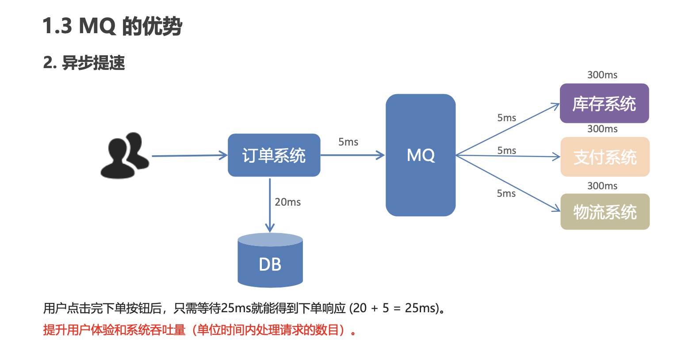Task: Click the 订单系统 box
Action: (274, 155)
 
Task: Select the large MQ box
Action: (421, 155)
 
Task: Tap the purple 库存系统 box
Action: (604, 103)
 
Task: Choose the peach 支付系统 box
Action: (605, 157)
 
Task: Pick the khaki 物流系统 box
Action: (605, 212)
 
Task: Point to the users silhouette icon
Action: (125, 155)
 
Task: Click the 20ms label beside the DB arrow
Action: (287, 202)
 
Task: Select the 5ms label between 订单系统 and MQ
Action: (348, 142)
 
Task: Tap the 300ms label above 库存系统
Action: (602, 75)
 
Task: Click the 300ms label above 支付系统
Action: (602, 129)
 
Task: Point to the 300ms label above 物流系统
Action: (602, 186)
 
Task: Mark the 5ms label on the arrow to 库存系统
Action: (506, 118)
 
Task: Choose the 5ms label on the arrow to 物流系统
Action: (506, 193)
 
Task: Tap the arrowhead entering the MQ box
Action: (380, 155)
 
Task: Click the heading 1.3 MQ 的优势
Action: (112, 26)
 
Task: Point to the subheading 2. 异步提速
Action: (84, 63)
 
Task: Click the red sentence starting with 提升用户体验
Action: (199, 330)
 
